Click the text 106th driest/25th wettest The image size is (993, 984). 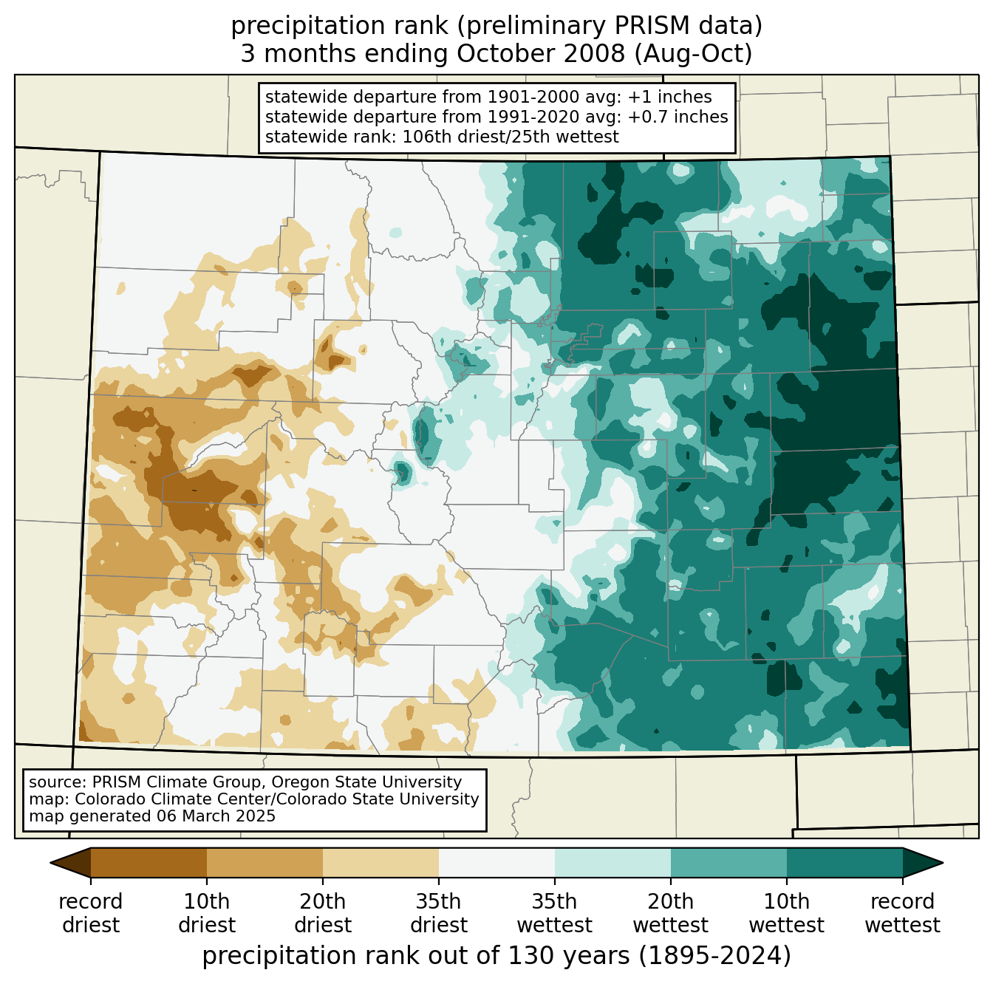tap(510, 137)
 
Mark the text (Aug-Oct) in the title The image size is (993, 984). tap(693, 54)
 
